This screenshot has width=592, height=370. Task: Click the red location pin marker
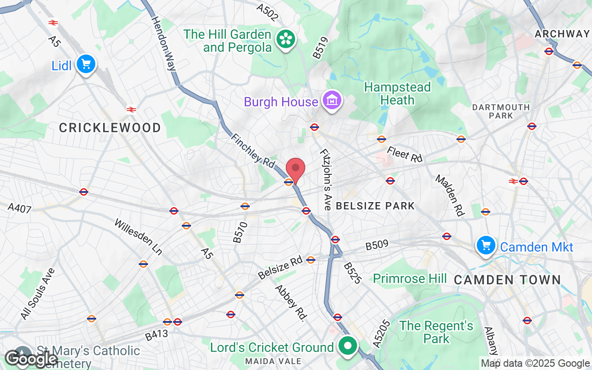click(x=296, y=169)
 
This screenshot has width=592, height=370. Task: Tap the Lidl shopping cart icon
click(x=86, y=65)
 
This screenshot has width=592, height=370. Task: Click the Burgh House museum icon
click(x=331, y=101)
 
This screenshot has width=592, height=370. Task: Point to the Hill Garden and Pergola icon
click(x=286, y=40)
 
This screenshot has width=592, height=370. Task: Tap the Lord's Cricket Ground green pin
click(x=347, y=346)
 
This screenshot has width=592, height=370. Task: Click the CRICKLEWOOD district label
click(x=110, y=128)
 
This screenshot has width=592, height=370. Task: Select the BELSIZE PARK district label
click(x=375, y=206)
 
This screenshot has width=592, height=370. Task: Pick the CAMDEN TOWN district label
click(x=507, y=280)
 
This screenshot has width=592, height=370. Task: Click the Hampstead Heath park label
click(x=397, y=93)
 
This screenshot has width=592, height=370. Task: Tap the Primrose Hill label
click(x=410, y=278)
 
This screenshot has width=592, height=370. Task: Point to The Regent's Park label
click(x=437, y=332)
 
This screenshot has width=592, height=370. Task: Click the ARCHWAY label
click(x=561, y=34)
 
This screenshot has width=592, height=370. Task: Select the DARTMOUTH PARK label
click(x=501, y=111)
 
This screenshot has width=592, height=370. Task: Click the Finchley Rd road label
click(x=253, y=151)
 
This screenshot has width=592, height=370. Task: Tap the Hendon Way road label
click(x=164, y=43)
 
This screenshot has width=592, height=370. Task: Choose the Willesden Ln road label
click(x=138, y=237)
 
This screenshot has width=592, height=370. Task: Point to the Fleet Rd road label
click(x=405, y=154)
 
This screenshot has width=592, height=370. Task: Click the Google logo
click(x=31, y=358)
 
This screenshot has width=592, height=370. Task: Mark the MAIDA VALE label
click(x=273, y=361)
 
